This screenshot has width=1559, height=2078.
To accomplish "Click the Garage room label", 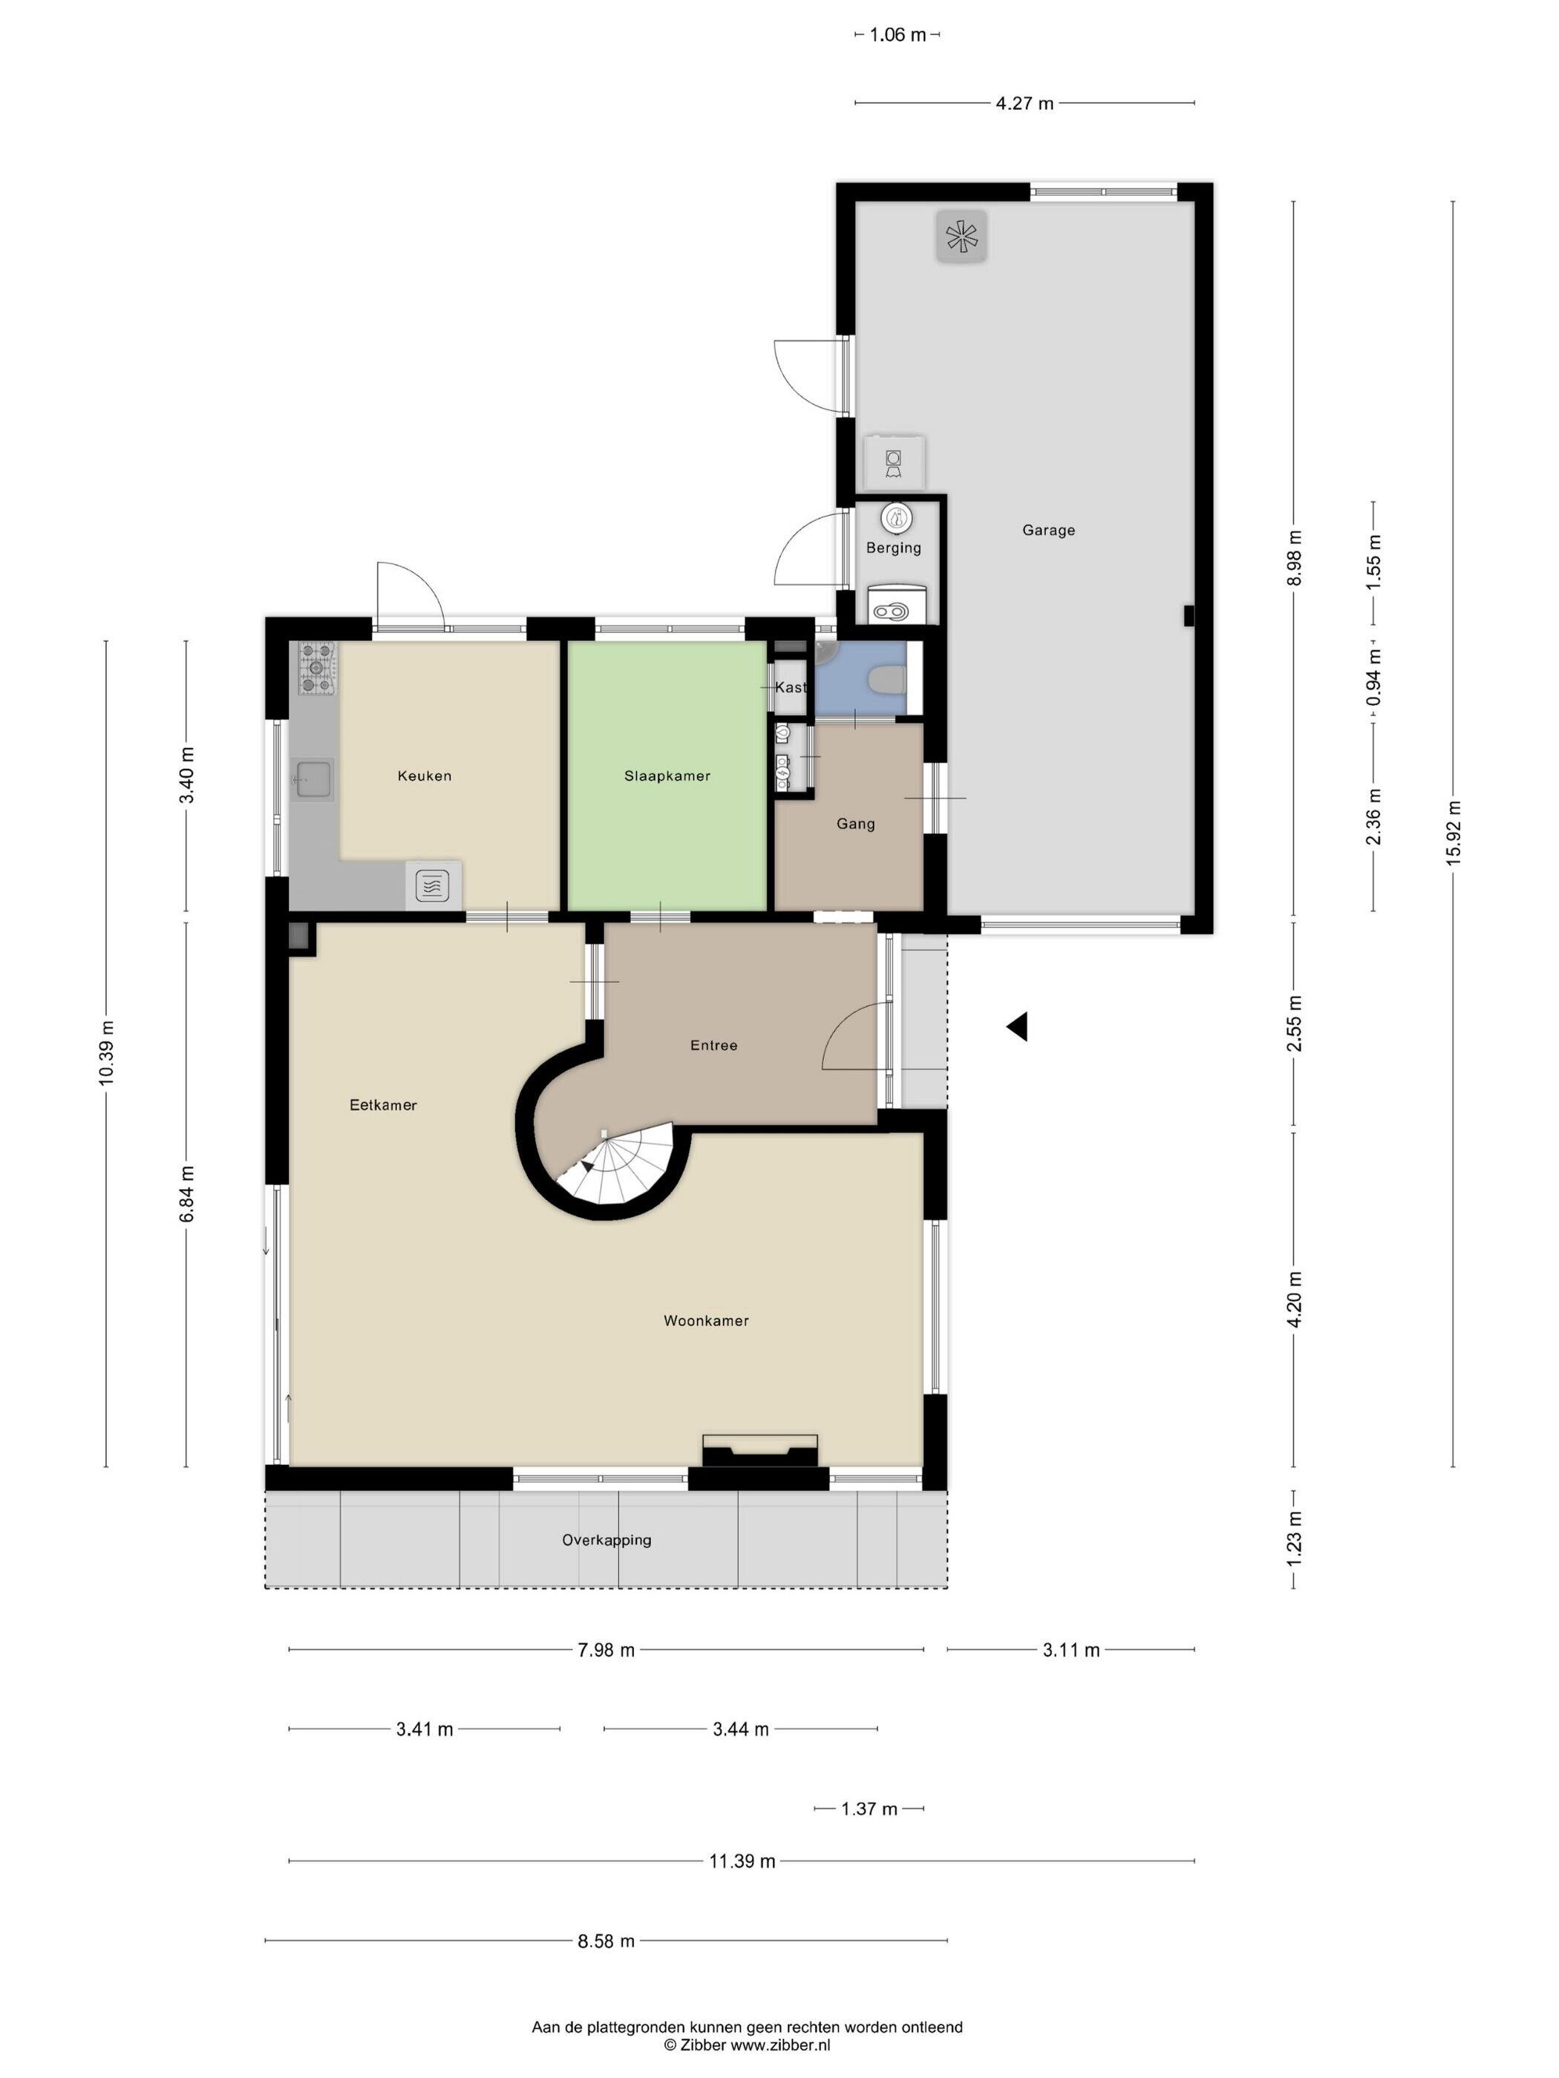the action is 1047,530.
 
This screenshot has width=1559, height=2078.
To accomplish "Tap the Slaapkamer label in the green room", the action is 667,776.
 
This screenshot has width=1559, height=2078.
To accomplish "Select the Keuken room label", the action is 425,776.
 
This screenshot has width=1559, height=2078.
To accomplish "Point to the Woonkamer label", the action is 706,1321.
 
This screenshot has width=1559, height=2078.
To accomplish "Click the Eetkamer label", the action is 383,1105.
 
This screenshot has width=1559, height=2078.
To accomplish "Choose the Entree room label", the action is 714,1045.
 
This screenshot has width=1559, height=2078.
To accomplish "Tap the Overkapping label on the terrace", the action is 606,1540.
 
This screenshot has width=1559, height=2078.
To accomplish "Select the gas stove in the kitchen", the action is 318,668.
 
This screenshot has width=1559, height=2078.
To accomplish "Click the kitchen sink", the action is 313,778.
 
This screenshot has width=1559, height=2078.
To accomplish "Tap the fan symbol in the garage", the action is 961,236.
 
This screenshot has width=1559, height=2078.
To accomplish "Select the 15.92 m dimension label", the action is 1453,833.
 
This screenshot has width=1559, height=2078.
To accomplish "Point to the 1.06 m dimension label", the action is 898,35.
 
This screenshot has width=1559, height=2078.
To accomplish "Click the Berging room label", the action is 894,548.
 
